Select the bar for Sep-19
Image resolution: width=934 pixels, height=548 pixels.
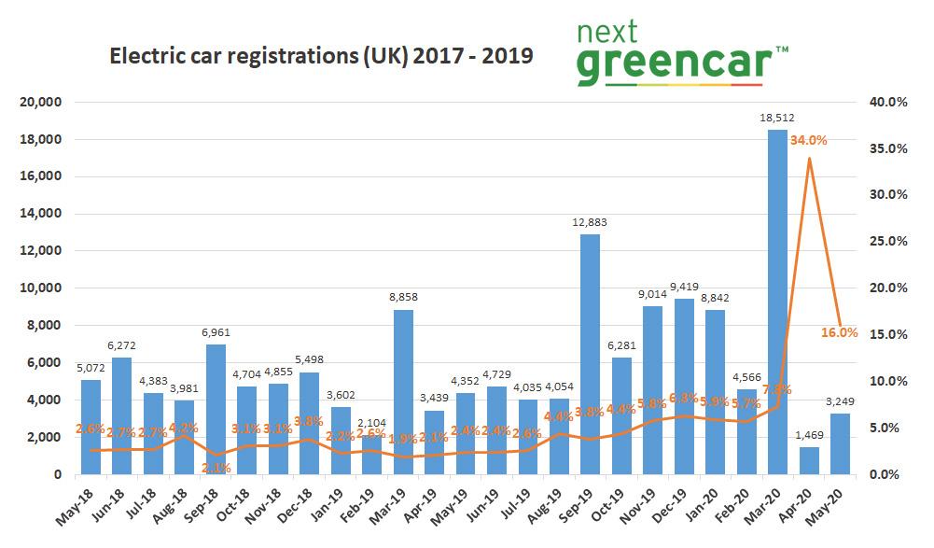click(590, 354)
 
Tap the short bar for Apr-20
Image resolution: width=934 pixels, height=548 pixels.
click(809, 460)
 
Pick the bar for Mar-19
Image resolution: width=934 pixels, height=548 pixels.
click(402, 391)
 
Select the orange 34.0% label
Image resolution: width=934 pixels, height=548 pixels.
click(808, 140)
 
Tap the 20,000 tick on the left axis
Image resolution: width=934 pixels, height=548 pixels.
click(40, 102)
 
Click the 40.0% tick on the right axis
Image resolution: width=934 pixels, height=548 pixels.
click(889, 102)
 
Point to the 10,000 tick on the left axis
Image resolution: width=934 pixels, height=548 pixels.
click(40, 288)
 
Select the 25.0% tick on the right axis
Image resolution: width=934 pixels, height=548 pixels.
click(889, 242)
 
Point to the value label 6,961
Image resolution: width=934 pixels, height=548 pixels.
click(216, 333)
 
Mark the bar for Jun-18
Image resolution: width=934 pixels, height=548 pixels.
click(121, 415)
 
